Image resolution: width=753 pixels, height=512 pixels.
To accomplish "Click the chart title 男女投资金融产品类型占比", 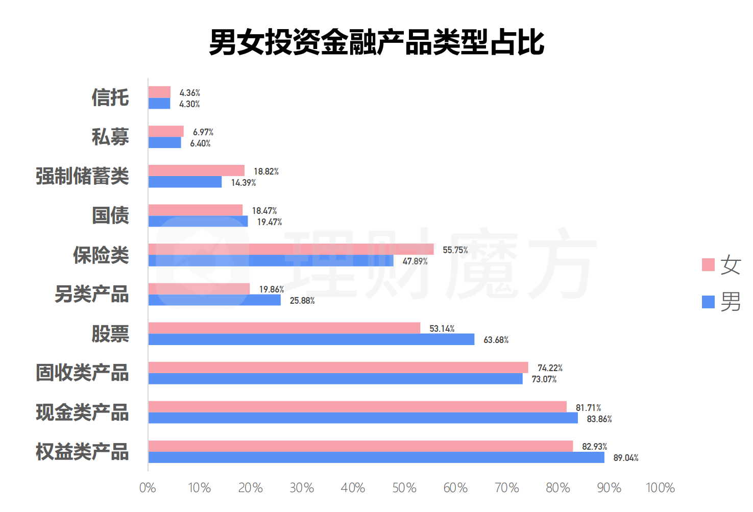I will tap(376, 42).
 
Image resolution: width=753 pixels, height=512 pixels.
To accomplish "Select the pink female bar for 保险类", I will tap(291, 249).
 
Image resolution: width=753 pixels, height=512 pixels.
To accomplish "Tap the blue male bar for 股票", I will tap(311, 339).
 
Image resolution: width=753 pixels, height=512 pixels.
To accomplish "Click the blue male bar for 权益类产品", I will tap(376, 457).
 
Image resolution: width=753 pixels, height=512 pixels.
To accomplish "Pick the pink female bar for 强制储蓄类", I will tap(197, 170).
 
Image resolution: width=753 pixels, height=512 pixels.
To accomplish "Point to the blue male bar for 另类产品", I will tap(214, 300).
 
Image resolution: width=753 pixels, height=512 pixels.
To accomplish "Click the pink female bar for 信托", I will tap(159, 92).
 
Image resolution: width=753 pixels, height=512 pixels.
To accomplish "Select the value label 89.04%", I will tap(625, 458).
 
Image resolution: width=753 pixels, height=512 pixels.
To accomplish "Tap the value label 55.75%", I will tap(455, 250).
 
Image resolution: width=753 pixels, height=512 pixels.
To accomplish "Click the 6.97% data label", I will tap(203, 132).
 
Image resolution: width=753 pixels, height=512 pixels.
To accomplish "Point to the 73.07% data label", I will tap(544, 379).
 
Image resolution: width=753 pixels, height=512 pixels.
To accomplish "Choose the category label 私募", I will tap(110, 137).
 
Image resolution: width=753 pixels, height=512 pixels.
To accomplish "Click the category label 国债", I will tap(110, 215).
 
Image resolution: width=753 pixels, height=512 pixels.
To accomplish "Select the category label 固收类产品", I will tap(82, 373).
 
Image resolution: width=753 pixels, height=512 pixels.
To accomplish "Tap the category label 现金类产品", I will tap(82, 412).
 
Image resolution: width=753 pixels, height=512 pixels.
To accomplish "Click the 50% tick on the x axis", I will tap(404, 488).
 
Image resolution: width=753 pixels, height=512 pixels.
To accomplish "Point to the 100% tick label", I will tap(660, 488).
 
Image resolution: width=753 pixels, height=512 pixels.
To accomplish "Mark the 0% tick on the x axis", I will tap(148, 488).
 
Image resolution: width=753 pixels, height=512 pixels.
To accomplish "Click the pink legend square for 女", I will tap(708, 264).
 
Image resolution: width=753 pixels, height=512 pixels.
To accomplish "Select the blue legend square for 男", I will tap(708, 302).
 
